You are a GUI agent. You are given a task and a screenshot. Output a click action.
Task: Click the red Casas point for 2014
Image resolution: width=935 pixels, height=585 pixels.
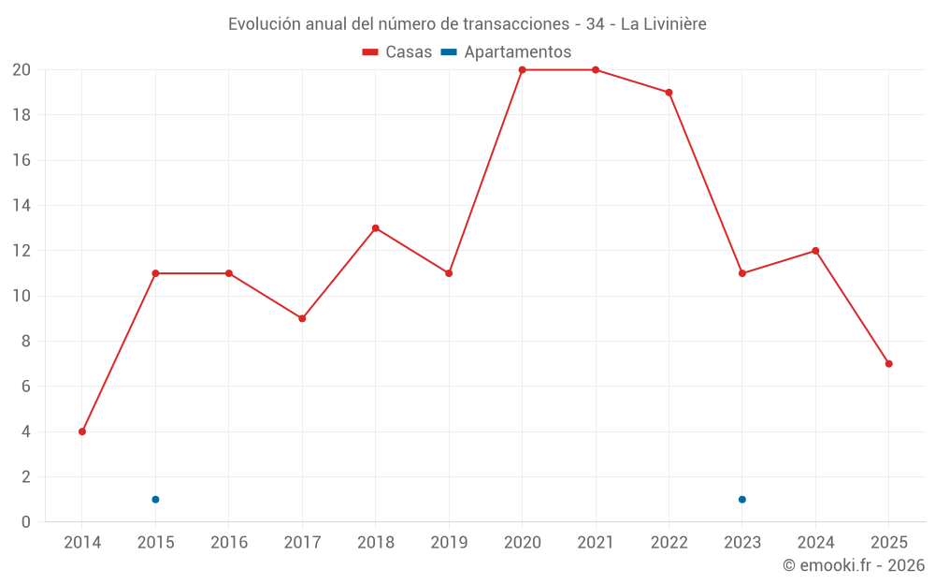pyautogui.click(x=82, y=431)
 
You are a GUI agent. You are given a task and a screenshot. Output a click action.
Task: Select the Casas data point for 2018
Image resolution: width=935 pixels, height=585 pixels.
pyautogui.click(x=376, y=228)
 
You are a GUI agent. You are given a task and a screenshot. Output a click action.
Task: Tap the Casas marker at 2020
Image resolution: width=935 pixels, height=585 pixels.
pyautogui.click(x=522, y=70)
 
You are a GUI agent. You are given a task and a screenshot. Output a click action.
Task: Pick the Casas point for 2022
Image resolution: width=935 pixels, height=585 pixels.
pyautogui.click(x=669, y=93)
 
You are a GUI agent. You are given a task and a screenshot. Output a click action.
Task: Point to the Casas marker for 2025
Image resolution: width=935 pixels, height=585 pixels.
pyautogui.click(x=888, y=364)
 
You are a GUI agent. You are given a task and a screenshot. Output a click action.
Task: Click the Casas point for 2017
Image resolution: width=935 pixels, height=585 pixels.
pyautogui.click(x=302, y=318)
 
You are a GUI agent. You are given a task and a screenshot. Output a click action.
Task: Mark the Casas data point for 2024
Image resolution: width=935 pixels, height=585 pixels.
pyautogui.click(x=815, y=251)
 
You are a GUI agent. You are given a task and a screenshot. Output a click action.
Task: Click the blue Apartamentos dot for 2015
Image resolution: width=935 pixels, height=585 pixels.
pyautogui.click(x=155, y=499)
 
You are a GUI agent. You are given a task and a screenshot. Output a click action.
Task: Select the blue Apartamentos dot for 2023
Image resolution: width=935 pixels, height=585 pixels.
pyautogui.click(x=742, y=499)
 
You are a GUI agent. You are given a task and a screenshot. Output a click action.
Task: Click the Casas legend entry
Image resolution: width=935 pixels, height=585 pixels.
pyautogui.click(x=397, y=52)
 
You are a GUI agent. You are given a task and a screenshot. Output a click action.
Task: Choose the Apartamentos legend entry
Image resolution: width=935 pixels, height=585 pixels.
pyautogui.click(x=506, y=52)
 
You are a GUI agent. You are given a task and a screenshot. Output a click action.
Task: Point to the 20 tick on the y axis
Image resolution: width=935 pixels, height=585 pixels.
pyautogui.click(x=21, y=70)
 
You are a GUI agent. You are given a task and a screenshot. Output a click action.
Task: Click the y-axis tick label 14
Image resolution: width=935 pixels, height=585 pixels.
pyautogui.click(x=21, y=206)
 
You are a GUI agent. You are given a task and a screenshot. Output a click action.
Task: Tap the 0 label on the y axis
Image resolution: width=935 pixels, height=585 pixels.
pyautogui.click(x=25, y=521)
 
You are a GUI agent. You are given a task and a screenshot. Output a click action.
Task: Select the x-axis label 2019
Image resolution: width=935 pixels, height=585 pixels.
pyautogui.click(x=449, y=543)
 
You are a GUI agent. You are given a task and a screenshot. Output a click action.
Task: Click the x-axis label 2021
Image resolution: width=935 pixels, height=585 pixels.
pyautogui.click(x=596, y=543)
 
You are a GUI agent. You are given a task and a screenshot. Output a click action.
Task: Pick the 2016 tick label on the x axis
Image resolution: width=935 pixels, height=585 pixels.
pyautogui.click(x=229, y=543)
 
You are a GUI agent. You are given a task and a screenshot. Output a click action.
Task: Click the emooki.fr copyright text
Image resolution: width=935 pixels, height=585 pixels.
pyautogui.click(x=854, y=565)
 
